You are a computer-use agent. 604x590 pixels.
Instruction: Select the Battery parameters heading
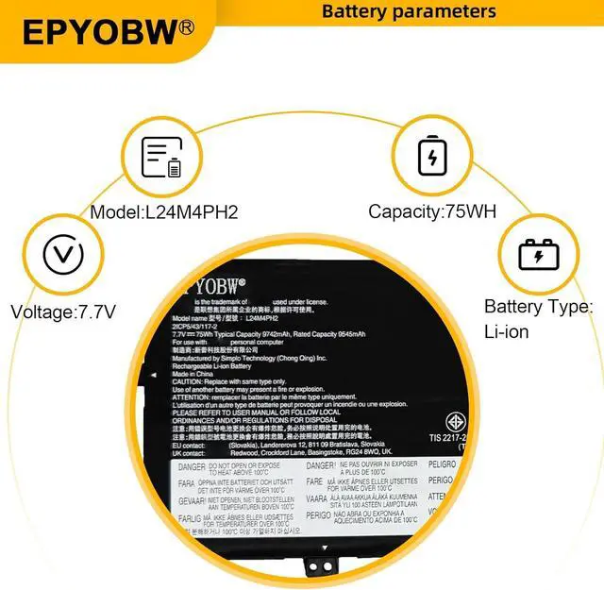point(409,11)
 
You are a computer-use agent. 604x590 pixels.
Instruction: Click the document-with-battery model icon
point(161,157)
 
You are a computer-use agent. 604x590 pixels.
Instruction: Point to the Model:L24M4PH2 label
point(164,212)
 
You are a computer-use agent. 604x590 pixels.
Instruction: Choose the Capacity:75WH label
point(432,212)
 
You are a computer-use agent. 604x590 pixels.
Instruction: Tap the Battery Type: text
point(538,307)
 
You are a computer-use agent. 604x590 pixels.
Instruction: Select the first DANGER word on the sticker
point(192,467)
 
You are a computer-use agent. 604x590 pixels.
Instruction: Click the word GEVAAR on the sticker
point(192,500)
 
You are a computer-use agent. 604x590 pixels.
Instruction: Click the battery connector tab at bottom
point(322,565)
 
